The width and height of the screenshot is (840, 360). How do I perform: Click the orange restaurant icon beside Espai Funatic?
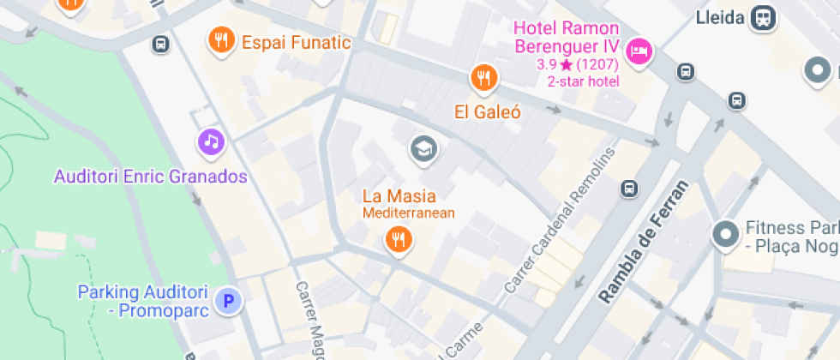tap(222, 40)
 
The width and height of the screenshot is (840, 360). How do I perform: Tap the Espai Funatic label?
tap(296, 42)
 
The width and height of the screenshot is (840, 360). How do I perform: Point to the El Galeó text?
tap(488, 112)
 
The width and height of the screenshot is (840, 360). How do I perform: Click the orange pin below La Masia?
tap(398, 239)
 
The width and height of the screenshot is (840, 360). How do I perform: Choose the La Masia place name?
tap(399, 195)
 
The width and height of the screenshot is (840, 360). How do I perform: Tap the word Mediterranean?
tap(408, 213)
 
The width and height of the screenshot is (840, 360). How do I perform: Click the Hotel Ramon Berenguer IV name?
tap(565, 38)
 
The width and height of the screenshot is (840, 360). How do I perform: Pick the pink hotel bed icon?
tap(639, 53)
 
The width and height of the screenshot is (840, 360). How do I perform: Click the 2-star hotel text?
tap(583, 81)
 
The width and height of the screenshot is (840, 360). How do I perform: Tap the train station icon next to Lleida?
tap(762, 17)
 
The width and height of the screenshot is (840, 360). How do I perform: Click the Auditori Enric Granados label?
tap(150, 177)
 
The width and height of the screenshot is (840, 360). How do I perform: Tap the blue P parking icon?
tap(228, 300)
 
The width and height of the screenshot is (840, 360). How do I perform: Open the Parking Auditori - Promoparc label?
tap(143, 301)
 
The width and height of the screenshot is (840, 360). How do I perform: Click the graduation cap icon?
tap(423, 150)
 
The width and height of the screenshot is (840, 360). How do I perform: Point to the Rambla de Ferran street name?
tap(645, 243)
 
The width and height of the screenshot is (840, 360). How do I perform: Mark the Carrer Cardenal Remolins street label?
tap(561, 220)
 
